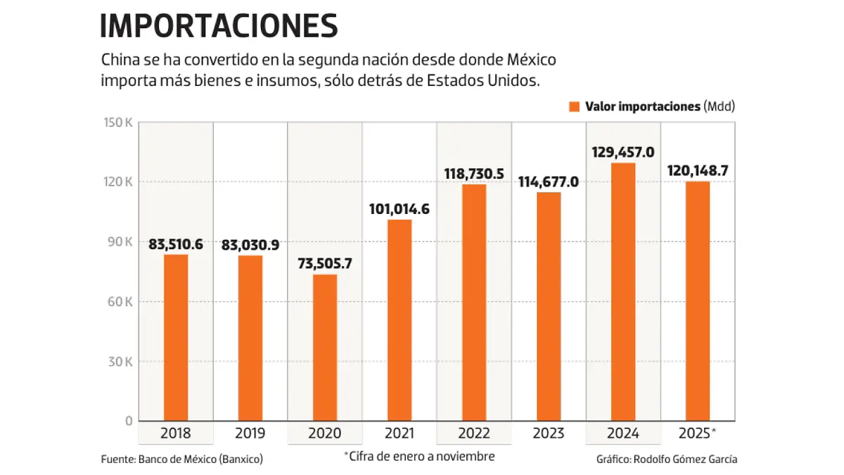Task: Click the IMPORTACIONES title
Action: point(219,26)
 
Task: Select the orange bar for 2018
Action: point(176,338)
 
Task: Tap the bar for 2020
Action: point(324,348)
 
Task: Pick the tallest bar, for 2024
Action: point(623,292)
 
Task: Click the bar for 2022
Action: point(474,303)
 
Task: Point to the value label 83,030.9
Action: point(250,245)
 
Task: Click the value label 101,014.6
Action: point(399,209)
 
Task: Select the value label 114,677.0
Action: point(548,182)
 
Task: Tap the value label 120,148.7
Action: point(697,171)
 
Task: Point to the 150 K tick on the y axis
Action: point(119,122)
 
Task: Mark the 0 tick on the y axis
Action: point(129,421)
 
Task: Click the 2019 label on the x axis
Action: point(250,433)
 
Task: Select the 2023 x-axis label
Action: point(548,433)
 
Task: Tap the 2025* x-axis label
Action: point(698,433)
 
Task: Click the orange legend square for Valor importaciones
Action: point(573,106)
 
